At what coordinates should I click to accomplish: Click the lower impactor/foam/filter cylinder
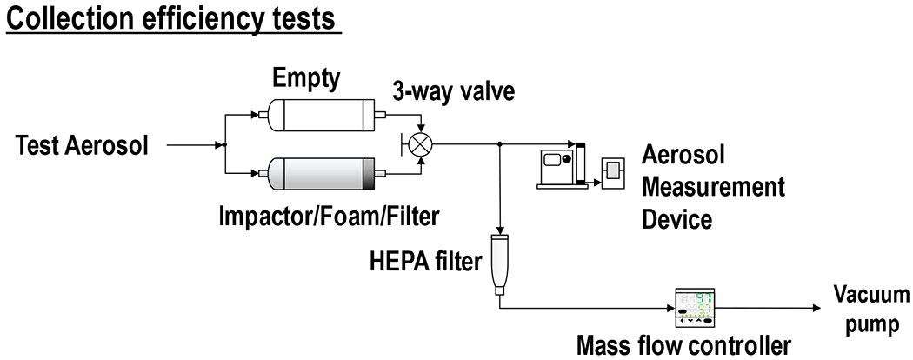[318, 175]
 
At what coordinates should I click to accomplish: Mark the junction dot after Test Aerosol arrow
[225, 145]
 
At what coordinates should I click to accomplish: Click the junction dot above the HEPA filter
[501, 145]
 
